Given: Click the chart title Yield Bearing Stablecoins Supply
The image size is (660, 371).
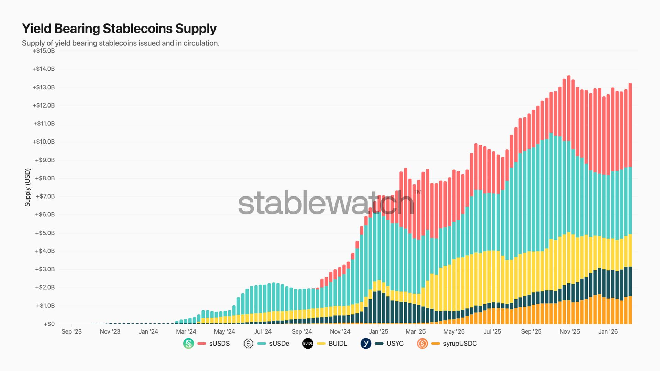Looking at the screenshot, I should click(119, 29).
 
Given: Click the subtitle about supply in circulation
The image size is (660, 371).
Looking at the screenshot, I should click(120, 43).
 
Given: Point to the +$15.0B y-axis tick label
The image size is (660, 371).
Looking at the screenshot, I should click(44, 51).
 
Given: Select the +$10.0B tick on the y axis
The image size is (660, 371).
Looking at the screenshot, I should click(44, 142).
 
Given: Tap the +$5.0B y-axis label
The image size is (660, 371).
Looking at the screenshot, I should click(45, 233).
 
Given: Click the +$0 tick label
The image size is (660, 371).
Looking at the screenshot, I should click(49, 324).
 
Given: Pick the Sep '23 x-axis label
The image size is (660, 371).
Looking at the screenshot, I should click(71, 331).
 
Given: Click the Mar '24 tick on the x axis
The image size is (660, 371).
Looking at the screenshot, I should click(186, 331).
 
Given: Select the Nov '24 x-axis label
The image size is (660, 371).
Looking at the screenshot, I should click(340, 331).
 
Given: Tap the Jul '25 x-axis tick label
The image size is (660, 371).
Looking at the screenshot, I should click(492, 331).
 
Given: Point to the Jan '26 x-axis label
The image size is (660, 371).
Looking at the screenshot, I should click(608, 331).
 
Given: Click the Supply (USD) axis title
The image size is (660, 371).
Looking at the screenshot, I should click(27, 188).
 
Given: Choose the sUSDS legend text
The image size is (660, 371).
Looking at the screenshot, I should click(219, 344).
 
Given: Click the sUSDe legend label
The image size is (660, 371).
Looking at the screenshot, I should click(279, 344).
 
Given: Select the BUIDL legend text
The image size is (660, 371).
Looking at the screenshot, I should click(338, 344).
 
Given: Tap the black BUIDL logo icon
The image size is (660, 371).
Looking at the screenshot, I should click(308, 344).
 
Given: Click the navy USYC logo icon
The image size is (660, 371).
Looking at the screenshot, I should click(366, 344).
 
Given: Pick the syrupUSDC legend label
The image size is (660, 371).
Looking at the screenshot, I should click(460, 344).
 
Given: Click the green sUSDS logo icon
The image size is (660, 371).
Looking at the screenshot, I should click(188, 344).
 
